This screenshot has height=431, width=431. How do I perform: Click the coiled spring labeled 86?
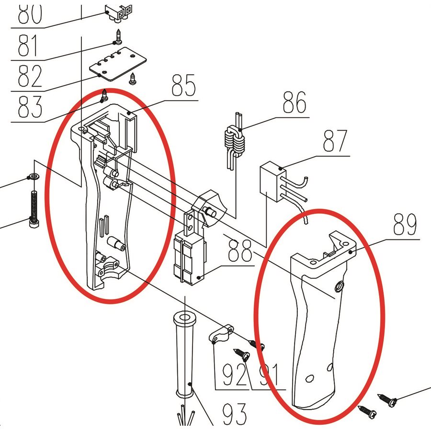[x=235, y=144]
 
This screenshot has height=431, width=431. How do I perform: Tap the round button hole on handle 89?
[x=339, y=287]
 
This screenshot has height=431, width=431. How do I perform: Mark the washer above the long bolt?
[x=34, y=177]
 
